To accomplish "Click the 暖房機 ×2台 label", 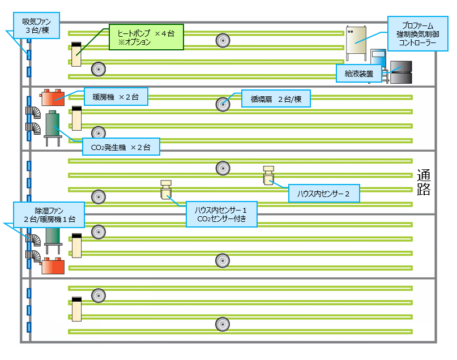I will tap(116, 97).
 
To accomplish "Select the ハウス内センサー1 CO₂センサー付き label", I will tap(221, 214).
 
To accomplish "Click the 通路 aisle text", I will tap(424, 182).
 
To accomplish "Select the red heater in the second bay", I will tap(53, 97).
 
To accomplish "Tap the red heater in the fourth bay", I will tap(53, 265).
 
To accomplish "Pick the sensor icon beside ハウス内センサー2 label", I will tap(268, 175).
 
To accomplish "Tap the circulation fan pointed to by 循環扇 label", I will tap(223, 104).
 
